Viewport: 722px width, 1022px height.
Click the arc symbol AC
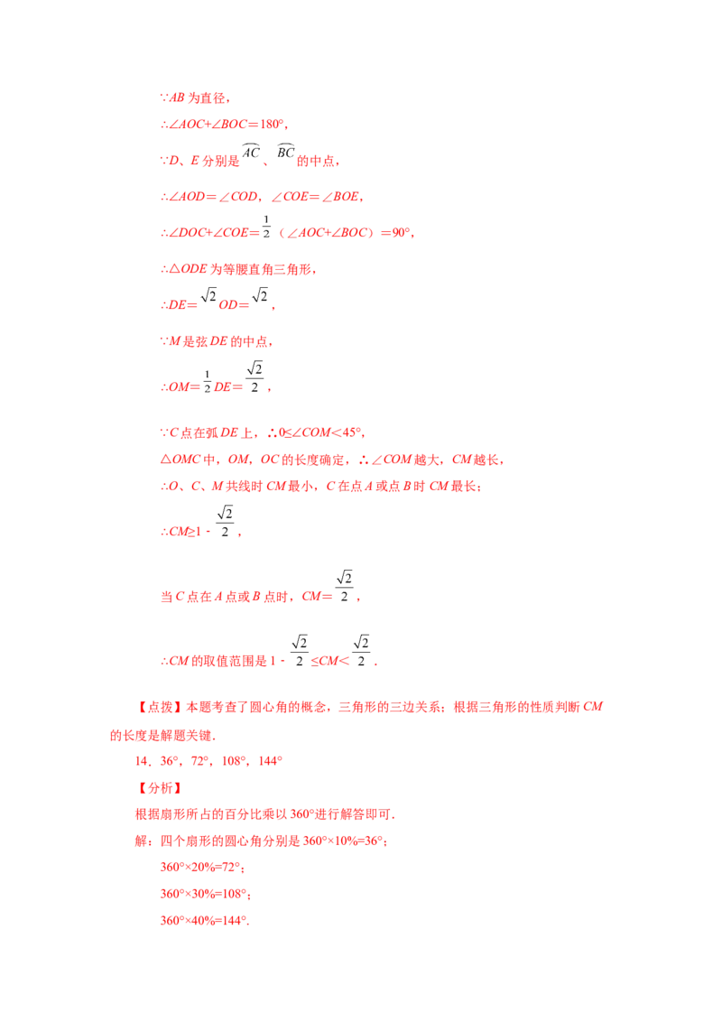pos(251,151)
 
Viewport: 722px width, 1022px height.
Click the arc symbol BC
pos(285,151)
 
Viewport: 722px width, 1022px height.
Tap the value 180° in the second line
pos(272,124)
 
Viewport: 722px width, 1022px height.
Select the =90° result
pos(395,233)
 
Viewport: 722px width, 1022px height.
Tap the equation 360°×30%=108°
pos(204,894)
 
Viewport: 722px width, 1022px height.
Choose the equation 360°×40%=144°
pos(204,921)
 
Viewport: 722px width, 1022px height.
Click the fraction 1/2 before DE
pos(208,381)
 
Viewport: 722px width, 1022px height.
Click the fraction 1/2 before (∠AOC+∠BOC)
pos(266,227)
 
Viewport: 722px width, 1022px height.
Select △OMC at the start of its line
pos(180,460)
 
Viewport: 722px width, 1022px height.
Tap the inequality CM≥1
pos(185,532)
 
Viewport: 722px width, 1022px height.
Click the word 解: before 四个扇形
pos(143,841)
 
